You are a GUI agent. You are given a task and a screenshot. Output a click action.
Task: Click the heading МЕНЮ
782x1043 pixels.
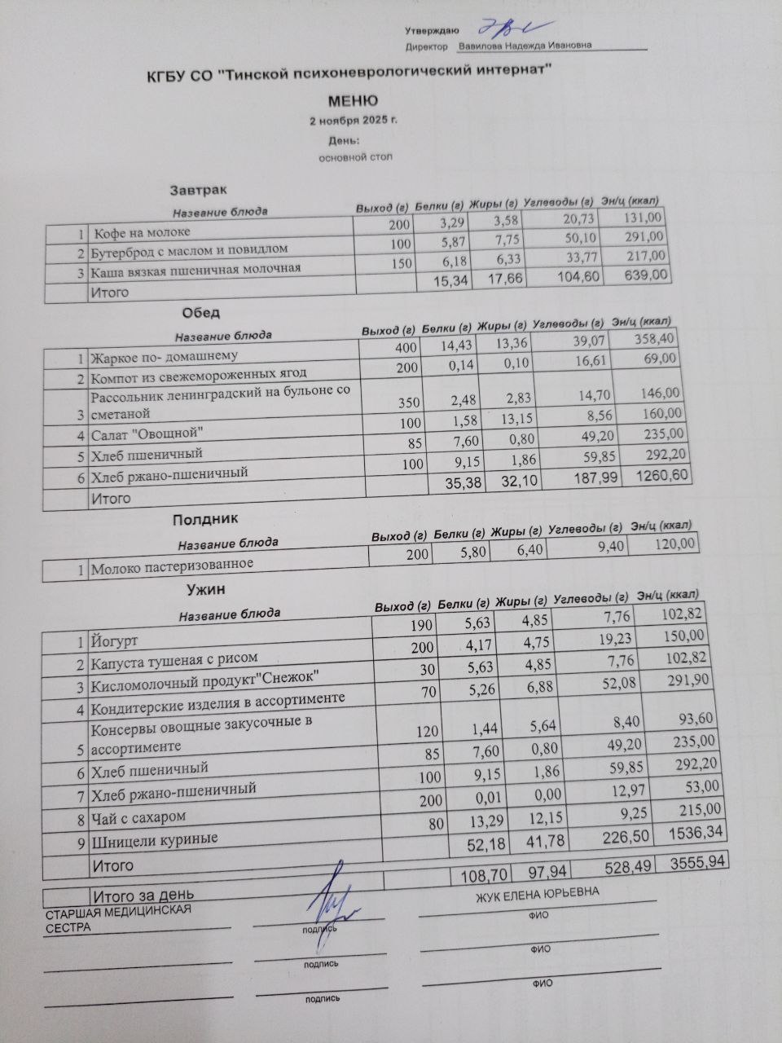point(353,101)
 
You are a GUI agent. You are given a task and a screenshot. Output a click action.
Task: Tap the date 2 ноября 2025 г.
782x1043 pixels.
point(354,121)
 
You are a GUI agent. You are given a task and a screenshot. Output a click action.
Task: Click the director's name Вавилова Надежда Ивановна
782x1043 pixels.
point(525,46)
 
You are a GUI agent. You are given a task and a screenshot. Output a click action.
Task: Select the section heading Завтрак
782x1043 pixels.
point(193,190)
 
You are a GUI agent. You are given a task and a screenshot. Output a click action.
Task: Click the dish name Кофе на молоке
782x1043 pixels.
point(141,232)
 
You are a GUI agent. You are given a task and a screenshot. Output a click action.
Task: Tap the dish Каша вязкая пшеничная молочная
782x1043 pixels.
point(195,269)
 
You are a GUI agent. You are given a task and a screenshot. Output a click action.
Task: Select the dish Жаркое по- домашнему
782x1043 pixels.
point(164,356)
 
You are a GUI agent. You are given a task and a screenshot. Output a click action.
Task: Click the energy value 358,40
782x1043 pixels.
point(653,338)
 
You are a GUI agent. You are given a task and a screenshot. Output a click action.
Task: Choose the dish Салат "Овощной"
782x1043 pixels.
point(147,433)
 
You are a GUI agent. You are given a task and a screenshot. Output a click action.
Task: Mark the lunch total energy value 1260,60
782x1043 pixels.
point(664,474)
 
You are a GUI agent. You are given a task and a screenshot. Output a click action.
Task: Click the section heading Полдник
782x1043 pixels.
point(205,518)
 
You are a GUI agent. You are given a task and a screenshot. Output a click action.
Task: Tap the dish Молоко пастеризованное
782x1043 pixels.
point(172,564)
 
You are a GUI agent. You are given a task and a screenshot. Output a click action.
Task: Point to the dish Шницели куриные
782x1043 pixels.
point(154,838)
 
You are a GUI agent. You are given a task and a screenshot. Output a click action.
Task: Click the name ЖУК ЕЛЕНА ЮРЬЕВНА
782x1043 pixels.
point(538,895)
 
